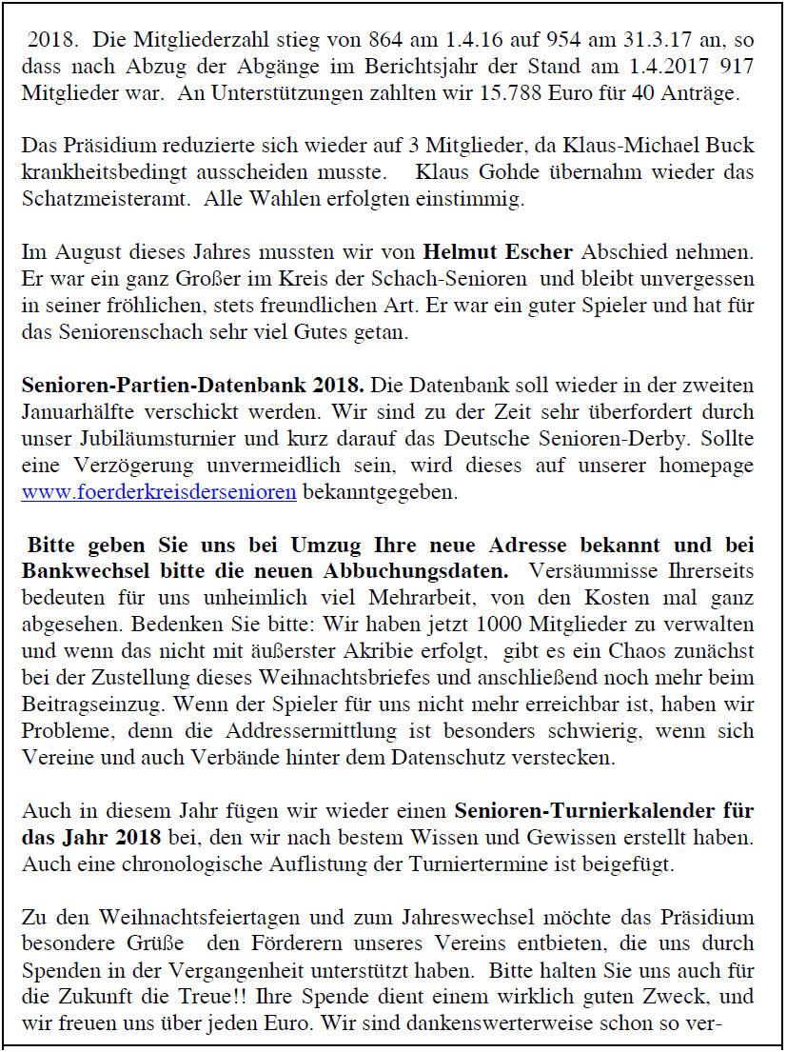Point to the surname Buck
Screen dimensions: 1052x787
pyautogui.click(x=731, y=147)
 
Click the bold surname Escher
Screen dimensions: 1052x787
pyautogui.click(x=537, y=252)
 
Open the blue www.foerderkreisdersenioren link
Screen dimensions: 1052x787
pyautogui.click(x=159, y=492)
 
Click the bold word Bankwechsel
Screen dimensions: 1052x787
pyautogui.click(x=80, y=572)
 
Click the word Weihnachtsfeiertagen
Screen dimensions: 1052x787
pyautogui.click(x=166, y=919)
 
